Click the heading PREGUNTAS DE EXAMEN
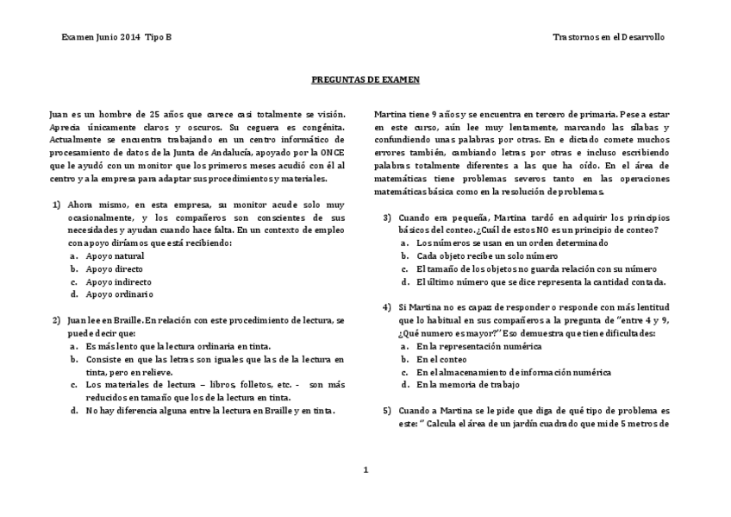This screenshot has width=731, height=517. coord(365,79)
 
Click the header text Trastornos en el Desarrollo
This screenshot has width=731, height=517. coord(609,38)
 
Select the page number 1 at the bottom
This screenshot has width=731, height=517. coord(365,470)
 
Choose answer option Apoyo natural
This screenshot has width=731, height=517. coord(115,256)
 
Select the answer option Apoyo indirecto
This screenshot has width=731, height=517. coord(118,282)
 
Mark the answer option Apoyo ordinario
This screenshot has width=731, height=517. coord(119,294)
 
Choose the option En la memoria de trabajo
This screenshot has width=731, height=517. coord(468,385)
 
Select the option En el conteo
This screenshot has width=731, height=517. coord(441,359)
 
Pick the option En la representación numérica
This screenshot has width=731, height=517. coord(478,346)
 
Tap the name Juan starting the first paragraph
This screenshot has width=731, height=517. coord(58,114)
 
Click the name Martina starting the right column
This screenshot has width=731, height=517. coord(390,114)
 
